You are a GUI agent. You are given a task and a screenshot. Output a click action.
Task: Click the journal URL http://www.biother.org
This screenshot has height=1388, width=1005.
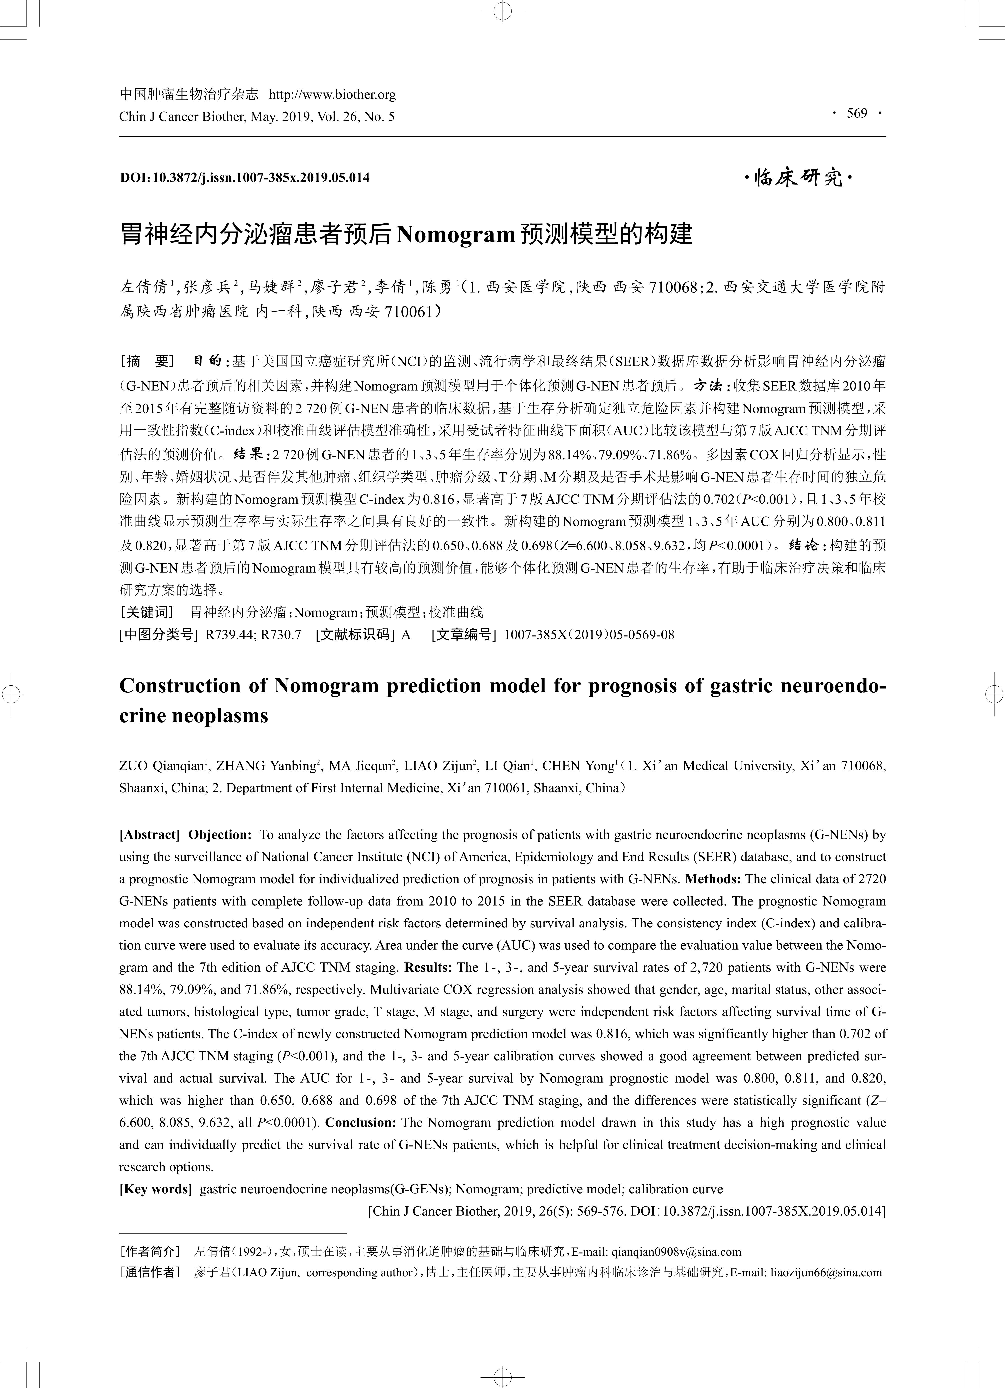(332, 95)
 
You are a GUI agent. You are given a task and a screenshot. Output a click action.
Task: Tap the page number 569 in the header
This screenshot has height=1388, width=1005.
(857, 113)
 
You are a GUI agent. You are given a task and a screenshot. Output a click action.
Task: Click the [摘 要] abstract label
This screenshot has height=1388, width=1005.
(147, 361)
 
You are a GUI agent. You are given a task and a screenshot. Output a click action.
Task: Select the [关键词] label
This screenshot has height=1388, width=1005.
(147, 612)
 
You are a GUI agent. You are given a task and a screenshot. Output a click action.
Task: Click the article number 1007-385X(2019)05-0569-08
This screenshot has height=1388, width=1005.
(589, 635)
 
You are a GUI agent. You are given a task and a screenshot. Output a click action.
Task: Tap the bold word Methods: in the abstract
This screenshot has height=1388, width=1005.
(712, 879)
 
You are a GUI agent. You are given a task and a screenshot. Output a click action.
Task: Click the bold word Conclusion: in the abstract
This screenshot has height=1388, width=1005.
(361, 1122)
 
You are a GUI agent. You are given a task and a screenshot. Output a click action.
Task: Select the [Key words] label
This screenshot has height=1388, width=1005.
(156, 1189)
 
